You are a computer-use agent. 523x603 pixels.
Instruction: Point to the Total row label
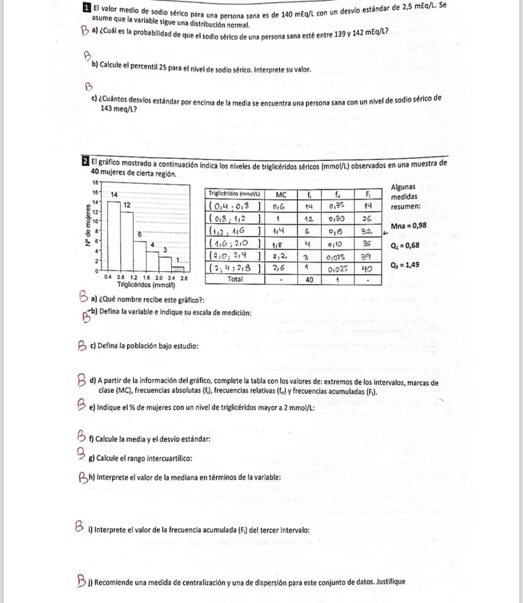(234, 279)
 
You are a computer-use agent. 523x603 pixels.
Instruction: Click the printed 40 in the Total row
(309, 280)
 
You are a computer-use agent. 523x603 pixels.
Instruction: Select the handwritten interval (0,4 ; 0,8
(232, 205)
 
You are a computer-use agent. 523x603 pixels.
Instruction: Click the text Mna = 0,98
(409, 225)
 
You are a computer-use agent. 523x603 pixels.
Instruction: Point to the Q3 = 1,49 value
(404, 264)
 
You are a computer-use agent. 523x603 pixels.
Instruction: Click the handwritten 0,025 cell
(338, 269)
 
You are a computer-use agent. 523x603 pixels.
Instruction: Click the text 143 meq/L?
(119, 108)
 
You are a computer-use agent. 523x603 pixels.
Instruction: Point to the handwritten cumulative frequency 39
(370, 256)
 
